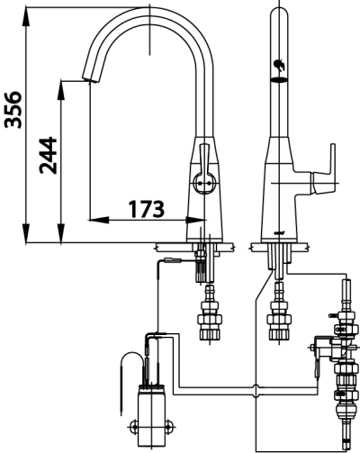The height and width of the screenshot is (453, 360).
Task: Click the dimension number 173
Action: point(146,209)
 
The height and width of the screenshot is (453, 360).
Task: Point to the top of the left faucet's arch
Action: point(148,11)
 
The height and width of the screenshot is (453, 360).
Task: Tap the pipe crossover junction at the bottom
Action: point(257,388)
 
